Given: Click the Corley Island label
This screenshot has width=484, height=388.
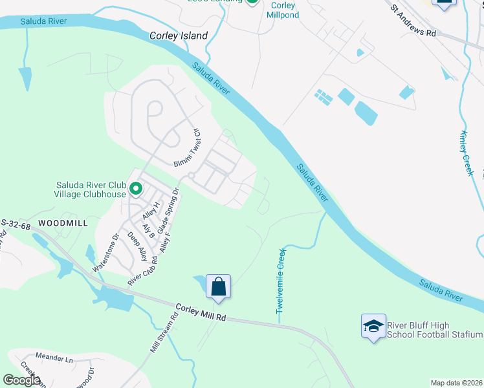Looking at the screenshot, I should (x=179, y=36).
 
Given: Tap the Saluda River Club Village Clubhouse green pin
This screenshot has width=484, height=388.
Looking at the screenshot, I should (x=136, y=189).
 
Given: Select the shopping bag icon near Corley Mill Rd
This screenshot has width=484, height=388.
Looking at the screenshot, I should (x=219, y=286).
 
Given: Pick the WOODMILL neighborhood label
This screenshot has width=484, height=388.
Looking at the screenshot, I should (x=62, y=222).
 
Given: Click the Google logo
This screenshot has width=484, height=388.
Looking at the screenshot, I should (x=22, y=380).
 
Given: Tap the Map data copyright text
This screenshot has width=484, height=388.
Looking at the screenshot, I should (x=457, y=383).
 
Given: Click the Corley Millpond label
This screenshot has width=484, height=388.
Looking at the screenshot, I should (x=283, y=10).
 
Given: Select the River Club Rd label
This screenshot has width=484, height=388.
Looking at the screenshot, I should (x=143, y=270).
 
